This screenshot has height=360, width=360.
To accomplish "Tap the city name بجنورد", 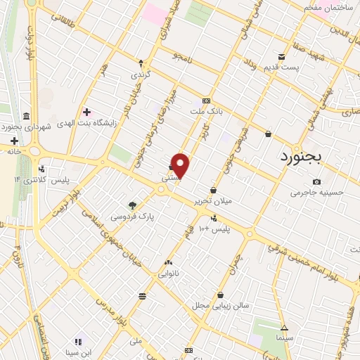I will (299, 155).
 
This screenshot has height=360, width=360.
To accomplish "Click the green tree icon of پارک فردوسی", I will (132, 205).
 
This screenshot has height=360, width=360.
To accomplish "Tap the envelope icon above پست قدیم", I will (281, 58).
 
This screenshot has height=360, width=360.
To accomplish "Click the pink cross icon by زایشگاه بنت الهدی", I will (87, 112).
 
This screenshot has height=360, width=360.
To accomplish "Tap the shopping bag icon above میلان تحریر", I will (214, 190).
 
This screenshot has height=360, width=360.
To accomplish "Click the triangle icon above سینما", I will (284, 328).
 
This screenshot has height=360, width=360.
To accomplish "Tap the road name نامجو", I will (185, 56).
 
